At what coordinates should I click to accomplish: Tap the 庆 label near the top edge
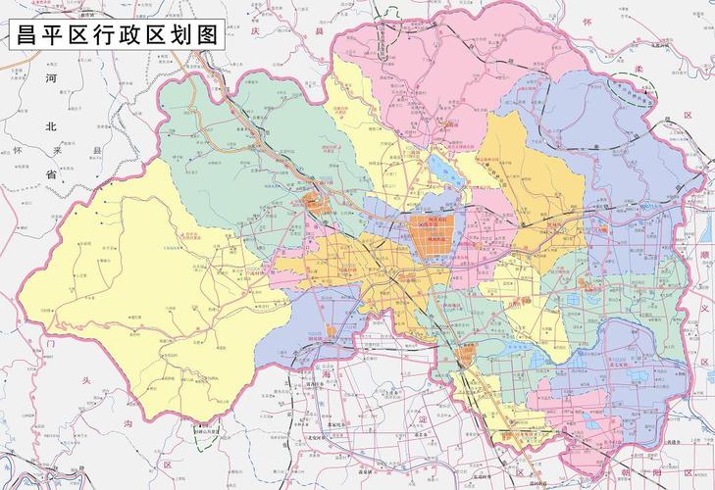[253, 31]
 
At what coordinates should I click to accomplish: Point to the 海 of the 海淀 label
[327, 377]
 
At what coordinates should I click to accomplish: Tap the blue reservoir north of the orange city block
[444, 179]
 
